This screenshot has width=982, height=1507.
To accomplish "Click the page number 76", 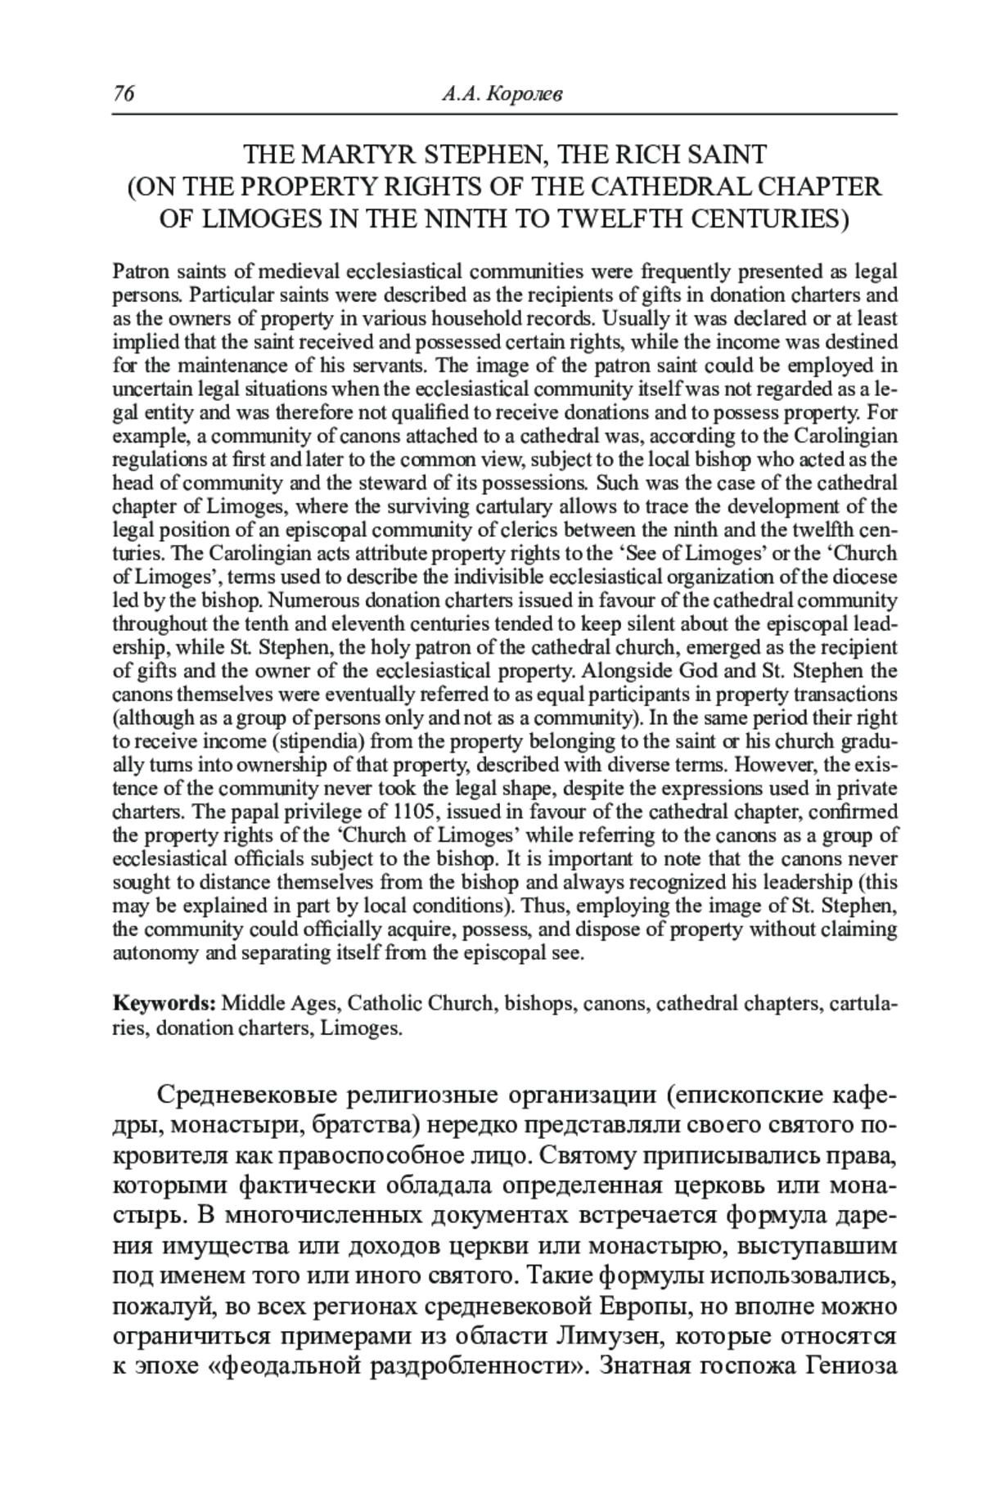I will (123, 95).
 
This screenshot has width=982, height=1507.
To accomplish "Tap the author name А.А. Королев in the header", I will (502, 96).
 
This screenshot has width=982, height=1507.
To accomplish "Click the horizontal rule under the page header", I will (505, 114).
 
